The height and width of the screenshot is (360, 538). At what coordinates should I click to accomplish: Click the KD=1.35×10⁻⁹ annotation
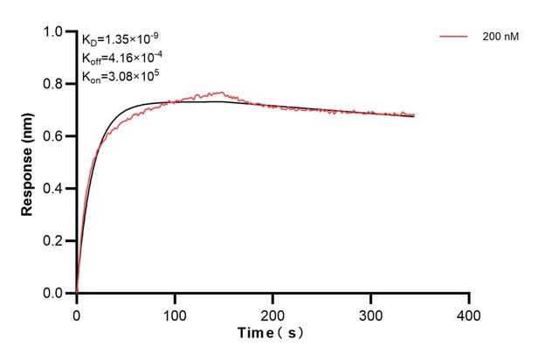click(121, 38)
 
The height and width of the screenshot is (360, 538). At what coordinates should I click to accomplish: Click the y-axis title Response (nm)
click(28, 162)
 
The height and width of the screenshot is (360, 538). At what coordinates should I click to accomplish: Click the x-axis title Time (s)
click(272, 333)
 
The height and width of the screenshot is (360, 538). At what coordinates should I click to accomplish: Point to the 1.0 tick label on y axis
click(53, 32)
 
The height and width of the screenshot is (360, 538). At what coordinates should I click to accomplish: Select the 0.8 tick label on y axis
click(53, 85)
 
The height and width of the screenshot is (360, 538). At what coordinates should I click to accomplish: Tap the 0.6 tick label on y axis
click(53, 136)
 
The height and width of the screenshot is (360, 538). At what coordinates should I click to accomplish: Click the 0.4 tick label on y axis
click(53, 189)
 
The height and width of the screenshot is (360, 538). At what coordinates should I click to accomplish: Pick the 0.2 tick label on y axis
click(53, 241)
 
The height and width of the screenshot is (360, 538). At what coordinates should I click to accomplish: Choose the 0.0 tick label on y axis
click(53, 294)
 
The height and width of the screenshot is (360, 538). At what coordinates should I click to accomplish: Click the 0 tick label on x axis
click(77, 312)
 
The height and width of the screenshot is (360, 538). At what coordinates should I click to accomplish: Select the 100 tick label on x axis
click(175, 312)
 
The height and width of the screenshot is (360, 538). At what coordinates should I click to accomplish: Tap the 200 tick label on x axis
click(273, 312)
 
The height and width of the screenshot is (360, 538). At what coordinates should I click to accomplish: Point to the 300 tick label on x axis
click(371, 312)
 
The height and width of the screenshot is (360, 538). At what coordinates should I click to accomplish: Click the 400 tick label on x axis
click(469, 312)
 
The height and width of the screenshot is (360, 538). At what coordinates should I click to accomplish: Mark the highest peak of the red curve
click(222, 91)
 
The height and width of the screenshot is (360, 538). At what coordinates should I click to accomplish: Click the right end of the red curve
click(414, 114)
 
